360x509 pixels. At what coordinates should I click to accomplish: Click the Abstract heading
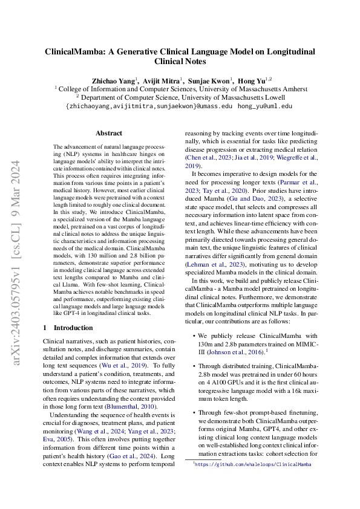(x=109, y=134)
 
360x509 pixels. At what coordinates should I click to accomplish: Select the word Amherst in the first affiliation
(x=290, y=88)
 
